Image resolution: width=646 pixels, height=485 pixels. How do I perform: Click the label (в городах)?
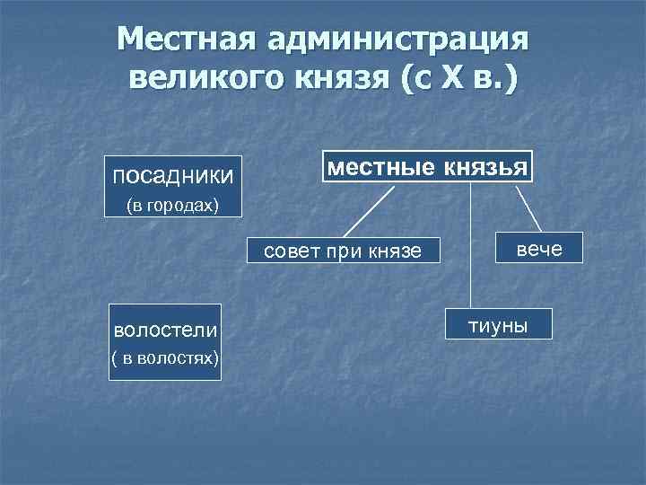pos(171,207)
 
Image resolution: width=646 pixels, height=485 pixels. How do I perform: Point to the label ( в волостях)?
pos(164,359)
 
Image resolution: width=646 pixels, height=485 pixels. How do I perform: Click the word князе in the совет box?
pos(395,252)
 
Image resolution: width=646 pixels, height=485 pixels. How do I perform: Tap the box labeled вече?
pos(539,248)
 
